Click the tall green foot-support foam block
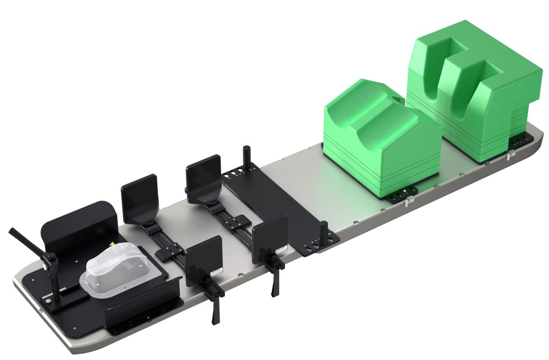coord(476,87)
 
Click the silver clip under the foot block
coord(511,155)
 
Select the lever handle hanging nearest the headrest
coord(215,311)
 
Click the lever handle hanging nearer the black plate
coord(274,284)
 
